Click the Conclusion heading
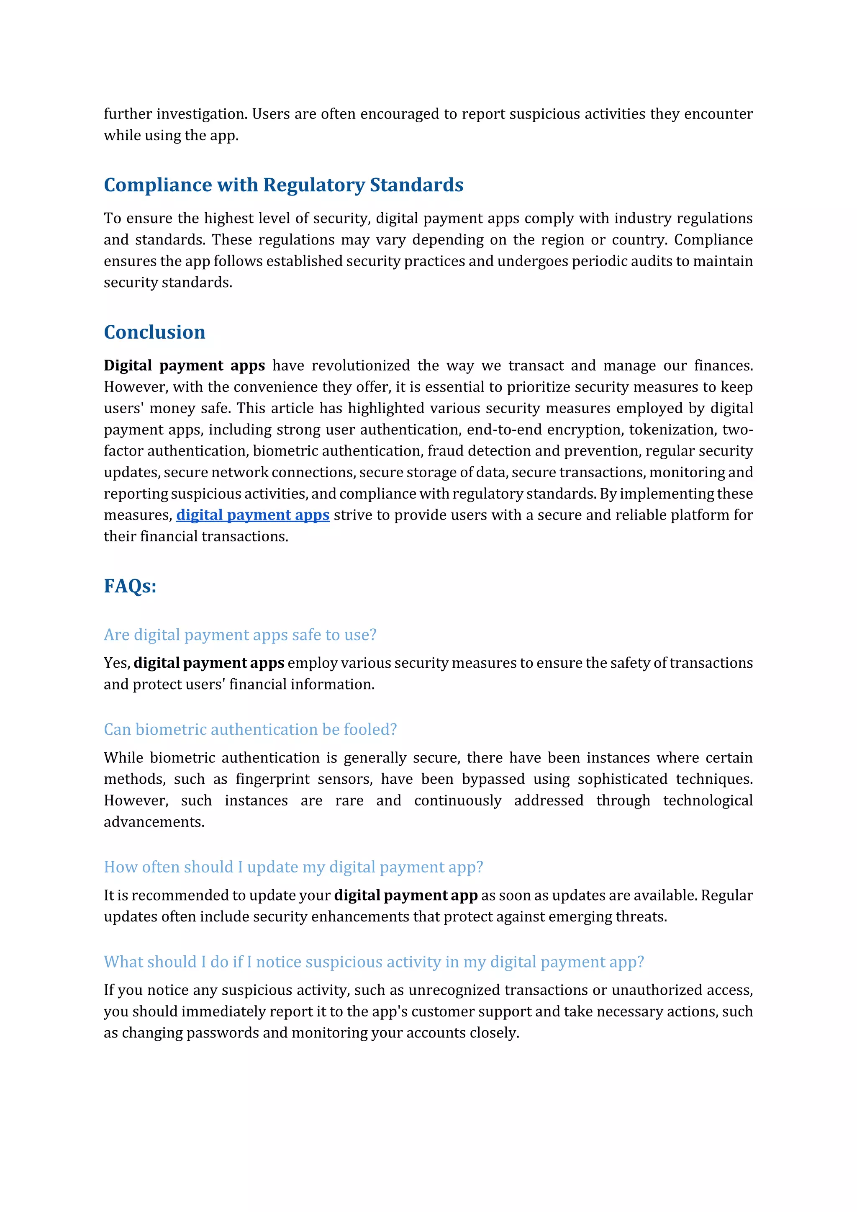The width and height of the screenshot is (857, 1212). coord(154,332)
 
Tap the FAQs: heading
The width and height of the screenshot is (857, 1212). coord(130,586)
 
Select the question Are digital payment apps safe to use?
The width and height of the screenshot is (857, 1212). coord(240,635)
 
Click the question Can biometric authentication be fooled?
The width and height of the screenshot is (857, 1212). coord(250,730)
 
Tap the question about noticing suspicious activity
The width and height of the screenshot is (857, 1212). coord(374,962)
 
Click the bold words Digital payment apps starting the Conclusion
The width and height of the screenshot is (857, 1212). coord(184,366)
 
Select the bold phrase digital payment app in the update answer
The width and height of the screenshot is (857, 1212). coord(406,895)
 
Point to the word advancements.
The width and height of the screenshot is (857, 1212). coord(154,822)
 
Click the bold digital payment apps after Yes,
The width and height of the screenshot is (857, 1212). coord(209,663)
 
